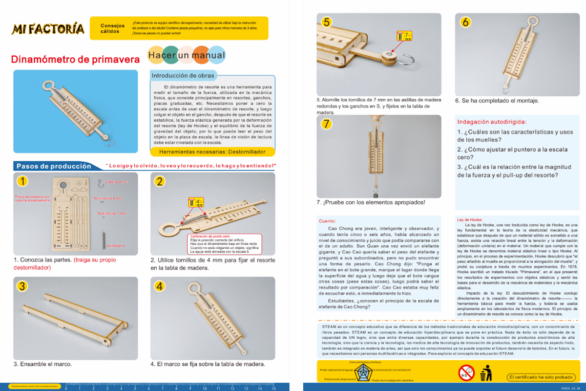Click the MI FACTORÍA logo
coord(48,29)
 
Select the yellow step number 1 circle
coord(22,181)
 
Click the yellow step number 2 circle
coord(160,181)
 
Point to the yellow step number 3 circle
coord(22,285)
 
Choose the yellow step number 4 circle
coord(160,285)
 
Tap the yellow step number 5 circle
coord(327,22)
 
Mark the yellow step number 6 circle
coord(465,22)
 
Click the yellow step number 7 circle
coord(327,124)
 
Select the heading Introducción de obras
coord(183,76)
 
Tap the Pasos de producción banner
coord(54,166)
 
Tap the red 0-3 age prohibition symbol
coord(466,373)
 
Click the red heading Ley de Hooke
coord(469,219)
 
